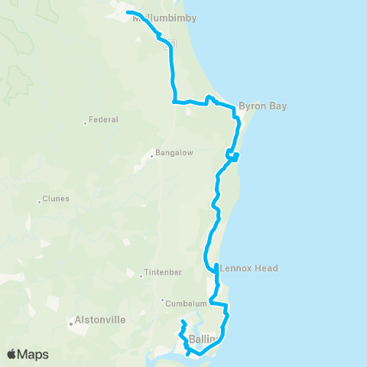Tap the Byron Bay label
click(262, 106)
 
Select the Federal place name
click(102, 120)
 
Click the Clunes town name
click(56, 199)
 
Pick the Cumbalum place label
click(185, 302)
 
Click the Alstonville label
click(99, 321)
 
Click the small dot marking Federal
click(85, 122)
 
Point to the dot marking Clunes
click(39, 202)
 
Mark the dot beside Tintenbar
click(141, 277)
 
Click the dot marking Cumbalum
click(163, 300)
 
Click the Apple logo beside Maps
click(12, 354)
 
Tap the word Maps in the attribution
click(34, 355)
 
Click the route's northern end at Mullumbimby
click(128, 12)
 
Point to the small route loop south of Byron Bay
click(232, 157)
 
